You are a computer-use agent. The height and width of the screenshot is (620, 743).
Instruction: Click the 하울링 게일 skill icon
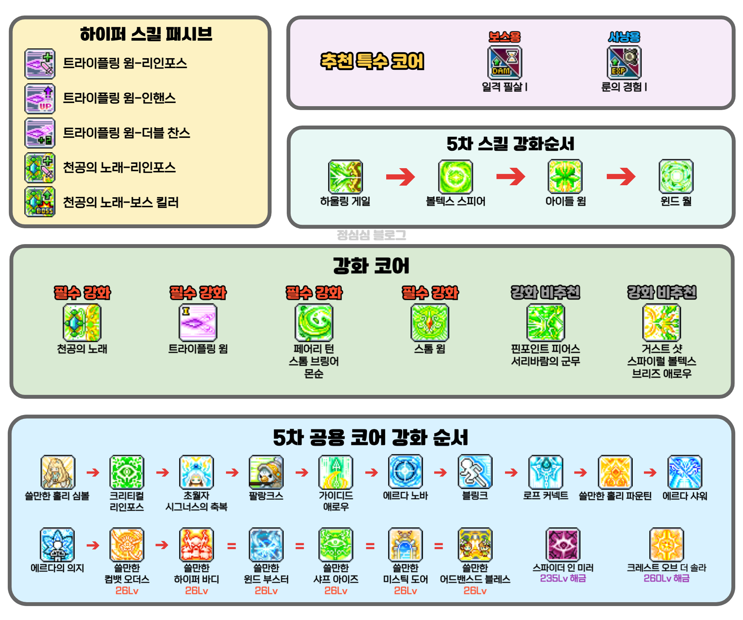[345, 176]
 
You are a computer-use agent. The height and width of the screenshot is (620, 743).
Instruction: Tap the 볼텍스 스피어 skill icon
[455, 176]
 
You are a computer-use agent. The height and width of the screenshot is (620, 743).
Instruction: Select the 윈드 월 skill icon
[676, 176]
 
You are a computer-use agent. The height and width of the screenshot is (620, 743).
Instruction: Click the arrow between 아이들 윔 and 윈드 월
[621, 177]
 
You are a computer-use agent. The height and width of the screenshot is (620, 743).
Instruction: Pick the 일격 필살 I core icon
[505, 62]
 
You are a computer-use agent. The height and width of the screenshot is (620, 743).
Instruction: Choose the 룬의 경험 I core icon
[624, 62]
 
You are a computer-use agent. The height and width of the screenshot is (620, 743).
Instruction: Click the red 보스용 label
[505, 37]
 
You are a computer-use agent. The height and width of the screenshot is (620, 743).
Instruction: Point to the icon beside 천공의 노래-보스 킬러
[40, 202]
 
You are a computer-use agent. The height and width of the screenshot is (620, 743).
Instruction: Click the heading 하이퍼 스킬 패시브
[146, 34]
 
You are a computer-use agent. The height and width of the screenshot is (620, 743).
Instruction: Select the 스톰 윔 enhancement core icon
[430, 322]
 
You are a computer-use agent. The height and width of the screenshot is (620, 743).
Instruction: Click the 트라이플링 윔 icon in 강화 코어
[198, 322]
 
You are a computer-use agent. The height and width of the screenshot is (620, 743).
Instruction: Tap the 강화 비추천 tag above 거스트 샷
[662, 293]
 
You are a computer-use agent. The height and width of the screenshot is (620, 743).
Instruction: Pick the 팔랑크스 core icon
[266, 472]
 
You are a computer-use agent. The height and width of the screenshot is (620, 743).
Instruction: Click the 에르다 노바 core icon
[405, 472]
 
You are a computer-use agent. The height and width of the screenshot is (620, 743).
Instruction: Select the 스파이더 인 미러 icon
[563, 544]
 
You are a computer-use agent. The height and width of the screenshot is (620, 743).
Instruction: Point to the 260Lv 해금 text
[666, 579]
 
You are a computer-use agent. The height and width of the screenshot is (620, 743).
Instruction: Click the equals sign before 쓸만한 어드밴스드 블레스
[438, 546]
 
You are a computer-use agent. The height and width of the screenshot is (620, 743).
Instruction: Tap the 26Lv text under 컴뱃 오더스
[127, 591]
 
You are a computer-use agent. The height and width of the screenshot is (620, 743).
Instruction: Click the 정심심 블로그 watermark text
[371, 235]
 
